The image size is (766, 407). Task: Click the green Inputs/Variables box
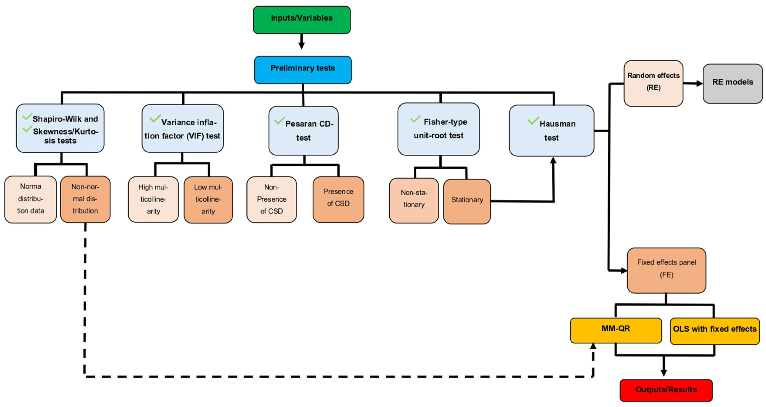(302, 20)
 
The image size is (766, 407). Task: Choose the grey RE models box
(733, 84)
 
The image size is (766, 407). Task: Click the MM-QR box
(616, 330)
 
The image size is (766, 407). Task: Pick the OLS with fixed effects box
(715, 331)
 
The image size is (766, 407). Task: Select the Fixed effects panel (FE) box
(666, 270)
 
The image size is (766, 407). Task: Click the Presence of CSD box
(338, 199)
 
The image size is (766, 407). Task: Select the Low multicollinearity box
(208, 200)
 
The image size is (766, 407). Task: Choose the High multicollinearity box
(153, 199)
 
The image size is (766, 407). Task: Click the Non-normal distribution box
(85, 199)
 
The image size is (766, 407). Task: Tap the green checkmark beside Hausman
(533, 120)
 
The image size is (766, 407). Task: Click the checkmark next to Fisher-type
(415, 119)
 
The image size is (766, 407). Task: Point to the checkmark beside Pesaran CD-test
(279, 120)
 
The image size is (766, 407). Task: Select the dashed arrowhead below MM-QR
(593, 346)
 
